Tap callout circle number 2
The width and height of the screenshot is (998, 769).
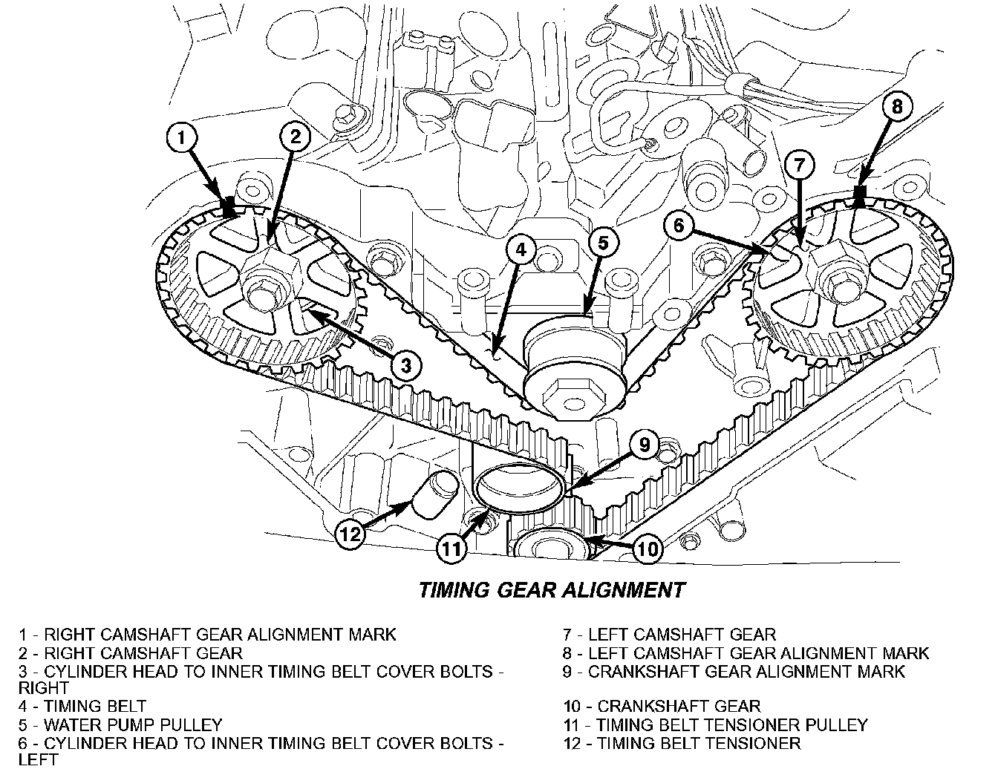tap(295, 137)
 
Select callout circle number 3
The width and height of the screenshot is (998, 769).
tap(405, 364)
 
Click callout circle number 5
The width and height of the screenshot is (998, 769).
tap(603, 243)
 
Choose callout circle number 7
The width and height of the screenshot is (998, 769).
tap(799, 166)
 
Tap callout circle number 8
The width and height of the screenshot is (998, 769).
tap(897, 107)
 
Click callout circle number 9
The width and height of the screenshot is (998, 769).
tap(645, 445)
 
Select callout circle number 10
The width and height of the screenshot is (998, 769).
tap(648, 549)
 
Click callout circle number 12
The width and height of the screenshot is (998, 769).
tap(350, 533)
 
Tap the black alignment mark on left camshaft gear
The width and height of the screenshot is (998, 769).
tap(861, 195)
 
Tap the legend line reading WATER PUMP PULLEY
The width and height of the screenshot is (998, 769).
tap(121, 724)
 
